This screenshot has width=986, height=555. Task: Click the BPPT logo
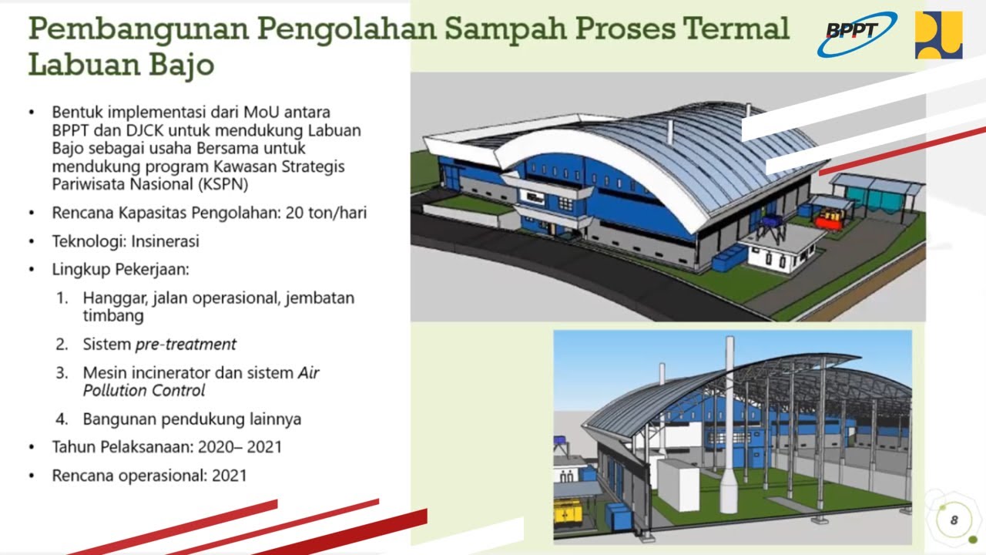(x=857, y=35)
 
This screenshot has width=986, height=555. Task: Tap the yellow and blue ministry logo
(x=938, y=35)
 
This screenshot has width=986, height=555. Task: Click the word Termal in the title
(x=735, y=29)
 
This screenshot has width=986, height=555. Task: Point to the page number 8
(x=954, y=520)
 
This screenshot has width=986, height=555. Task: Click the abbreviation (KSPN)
(x=223, y=184)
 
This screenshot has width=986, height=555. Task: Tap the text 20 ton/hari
(x=326, y=213)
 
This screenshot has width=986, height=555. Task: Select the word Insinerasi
(x=165, y=241)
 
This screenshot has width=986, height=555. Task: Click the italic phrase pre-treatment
(x=186, y=345)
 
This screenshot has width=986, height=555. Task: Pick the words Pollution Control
(x=144, y=391)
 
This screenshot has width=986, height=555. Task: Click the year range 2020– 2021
(x=240, y=447)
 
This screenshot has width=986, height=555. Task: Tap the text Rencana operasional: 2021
(x=149, y=476)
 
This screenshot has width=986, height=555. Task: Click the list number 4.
(x=62, y=419)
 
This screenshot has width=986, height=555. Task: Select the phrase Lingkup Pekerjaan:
(x=121, y=270)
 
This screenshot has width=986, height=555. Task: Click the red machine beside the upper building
(x=829, y=219)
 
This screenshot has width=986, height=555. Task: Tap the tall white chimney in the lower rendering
(x=729, y=425)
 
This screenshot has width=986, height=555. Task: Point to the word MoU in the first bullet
(x=261, y=113)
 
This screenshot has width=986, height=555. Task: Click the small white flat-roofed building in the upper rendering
(x=777, y=254)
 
